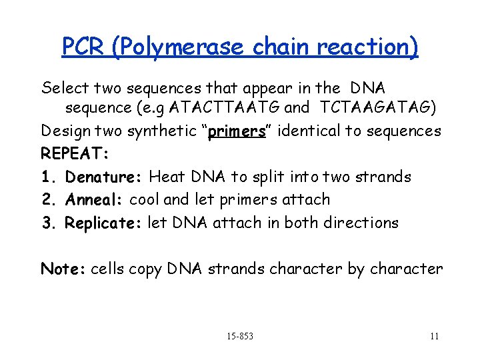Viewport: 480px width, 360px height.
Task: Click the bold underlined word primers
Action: tap(237, 131)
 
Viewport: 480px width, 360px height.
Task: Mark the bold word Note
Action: tap(62, 269)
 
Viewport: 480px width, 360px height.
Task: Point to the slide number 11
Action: tap(434, 336)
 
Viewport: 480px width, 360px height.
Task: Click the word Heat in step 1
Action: tap(167, 177)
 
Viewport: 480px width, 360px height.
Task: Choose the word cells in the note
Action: tap(107, 269)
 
